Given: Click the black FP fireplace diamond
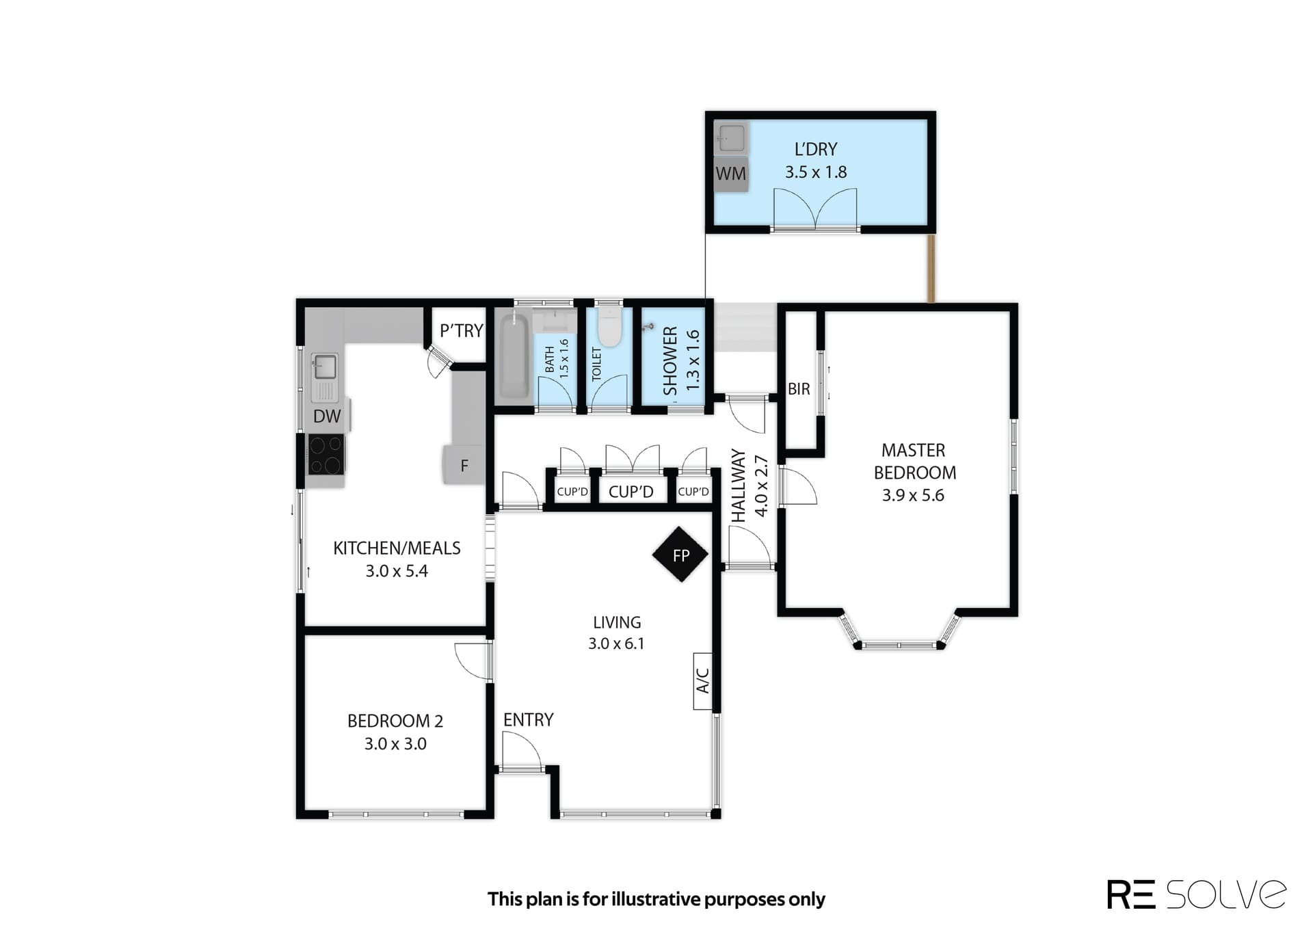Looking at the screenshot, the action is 680,555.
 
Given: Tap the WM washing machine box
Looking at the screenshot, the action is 731,174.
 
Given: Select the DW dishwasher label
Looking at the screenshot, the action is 327,416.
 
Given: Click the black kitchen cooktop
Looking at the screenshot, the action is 326,455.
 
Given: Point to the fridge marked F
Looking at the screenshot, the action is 464,466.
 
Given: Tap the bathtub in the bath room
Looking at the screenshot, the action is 514,358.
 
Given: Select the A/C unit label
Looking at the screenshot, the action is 703,680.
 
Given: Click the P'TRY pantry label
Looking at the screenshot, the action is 462,331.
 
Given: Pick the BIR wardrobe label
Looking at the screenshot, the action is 799,389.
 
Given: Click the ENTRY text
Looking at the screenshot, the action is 528,719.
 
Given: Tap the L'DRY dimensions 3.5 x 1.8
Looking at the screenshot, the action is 816,172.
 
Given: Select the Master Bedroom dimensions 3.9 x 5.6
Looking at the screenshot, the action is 913,495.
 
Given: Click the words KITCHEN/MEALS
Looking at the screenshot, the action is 397,548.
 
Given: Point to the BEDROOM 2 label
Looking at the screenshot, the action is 395,721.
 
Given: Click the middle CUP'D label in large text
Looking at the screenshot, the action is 631,492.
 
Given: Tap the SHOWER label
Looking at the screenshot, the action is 670,360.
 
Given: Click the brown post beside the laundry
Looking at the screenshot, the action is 931,268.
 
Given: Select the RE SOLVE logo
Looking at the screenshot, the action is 1197,894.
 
